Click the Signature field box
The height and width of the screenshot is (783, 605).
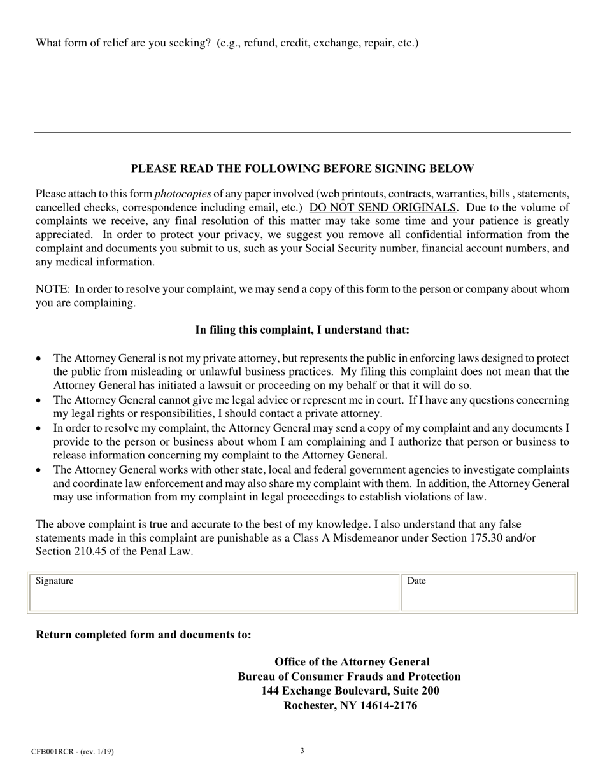click(214, 593)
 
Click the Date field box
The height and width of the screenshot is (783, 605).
click(488, 593)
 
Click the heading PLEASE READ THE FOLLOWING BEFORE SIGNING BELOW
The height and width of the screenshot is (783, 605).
click(302, 169)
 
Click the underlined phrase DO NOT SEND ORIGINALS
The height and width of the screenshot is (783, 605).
click(383, 208)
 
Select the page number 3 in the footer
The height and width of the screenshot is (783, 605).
click(302, 751)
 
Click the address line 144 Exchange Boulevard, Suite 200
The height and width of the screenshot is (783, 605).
click(350, 691)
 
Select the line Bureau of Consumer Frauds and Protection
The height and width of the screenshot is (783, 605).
click(349, 676)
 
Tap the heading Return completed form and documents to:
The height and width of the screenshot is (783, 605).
click(143, 635)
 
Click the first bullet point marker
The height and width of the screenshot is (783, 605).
click(39, 359)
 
